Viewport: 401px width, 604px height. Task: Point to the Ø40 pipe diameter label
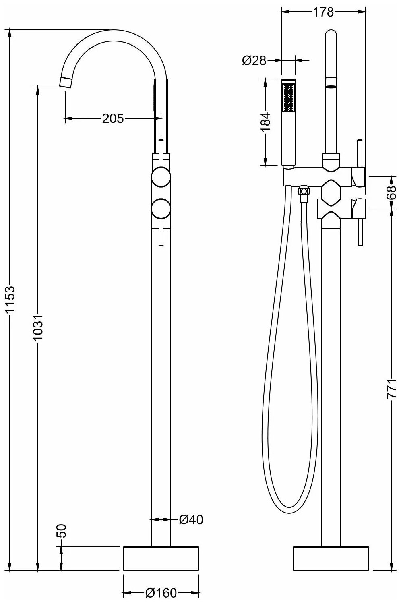point(190,520)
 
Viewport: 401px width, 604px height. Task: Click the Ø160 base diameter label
point(161,593)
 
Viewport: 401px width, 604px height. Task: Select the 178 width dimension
point(323,12)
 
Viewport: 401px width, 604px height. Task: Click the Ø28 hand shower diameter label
point(254,61)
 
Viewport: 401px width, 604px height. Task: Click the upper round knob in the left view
point(161,177)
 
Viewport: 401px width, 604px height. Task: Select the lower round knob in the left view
point(161,208)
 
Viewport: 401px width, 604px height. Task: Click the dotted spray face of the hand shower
point(288,97)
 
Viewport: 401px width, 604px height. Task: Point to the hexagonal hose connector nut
point(304,191)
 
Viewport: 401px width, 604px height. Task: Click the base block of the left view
point(161,558)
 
